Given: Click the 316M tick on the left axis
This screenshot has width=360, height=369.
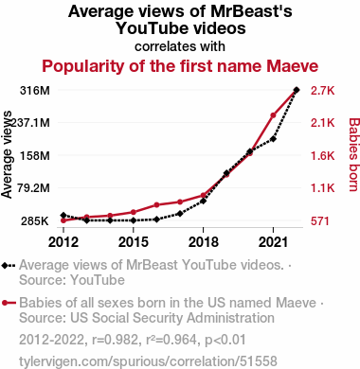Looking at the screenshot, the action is tap(35, 91).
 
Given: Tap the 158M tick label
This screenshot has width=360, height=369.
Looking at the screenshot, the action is tap(35, 155).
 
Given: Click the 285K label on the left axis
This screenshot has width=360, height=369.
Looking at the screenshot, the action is tap(35, 221).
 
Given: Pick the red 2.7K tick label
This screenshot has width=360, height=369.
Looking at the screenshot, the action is tap(322, 91).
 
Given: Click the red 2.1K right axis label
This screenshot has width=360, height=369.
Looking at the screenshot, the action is tap(322, 122).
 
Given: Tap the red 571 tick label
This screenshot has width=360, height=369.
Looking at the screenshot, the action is tap(320, 221).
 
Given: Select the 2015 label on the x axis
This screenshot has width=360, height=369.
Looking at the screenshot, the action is tap(134, 242).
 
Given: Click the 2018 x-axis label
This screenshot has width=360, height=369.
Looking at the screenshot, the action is tap(204, 242).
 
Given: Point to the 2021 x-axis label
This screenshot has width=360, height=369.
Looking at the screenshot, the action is tap(273, 242).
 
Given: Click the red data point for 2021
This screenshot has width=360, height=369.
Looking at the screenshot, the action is tap(273, 115).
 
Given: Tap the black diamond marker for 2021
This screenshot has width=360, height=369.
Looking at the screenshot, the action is tap(273, 139).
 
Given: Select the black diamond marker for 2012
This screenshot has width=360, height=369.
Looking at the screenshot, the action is tap(63, 215).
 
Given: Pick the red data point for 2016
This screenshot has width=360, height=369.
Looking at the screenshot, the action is tap(156, 205).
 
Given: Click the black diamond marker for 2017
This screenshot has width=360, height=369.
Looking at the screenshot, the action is tap(180, 214).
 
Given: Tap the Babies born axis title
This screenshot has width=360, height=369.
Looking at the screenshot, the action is tap(354, 154).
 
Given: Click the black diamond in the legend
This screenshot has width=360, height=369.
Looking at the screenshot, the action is tap(5, 266).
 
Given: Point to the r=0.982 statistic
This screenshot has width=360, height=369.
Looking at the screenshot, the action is tap(116, 340).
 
